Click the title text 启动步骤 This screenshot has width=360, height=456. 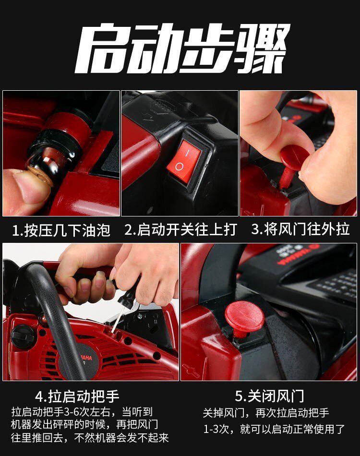tap(183, 48)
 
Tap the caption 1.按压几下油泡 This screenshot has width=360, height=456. tap(61, 230)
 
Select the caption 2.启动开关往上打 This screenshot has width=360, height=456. tap(180, 230)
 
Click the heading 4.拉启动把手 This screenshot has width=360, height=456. tap(77, 396)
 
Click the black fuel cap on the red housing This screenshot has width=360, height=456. tap(23, 337)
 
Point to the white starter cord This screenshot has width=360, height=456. tap(118, 320)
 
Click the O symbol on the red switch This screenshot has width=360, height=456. tap(179, 167)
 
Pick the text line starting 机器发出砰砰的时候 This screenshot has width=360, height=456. tap(84, 424)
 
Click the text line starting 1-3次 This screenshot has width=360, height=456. tap(274, 429)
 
